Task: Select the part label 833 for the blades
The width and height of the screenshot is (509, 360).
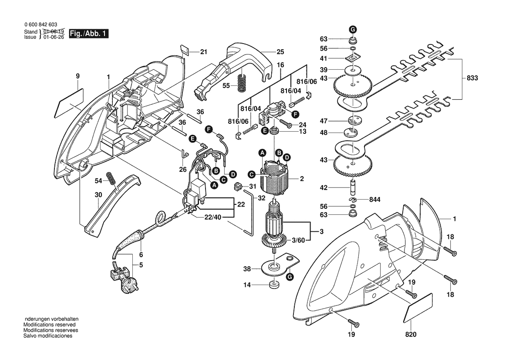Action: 472,78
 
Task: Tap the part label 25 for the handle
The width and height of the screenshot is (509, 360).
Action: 280,52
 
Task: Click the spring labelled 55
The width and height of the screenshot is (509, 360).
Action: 240,82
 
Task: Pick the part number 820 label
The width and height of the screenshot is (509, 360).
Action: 411,335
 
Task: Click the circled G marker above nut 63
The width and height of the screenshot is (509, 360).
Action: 353,29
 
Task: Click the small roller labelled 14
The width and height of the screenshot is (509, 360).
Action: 273,285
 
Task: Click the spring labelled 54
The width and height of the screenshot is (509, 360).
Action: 112,178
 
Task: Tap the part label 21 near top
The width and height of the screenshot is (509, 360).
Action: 203,52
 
